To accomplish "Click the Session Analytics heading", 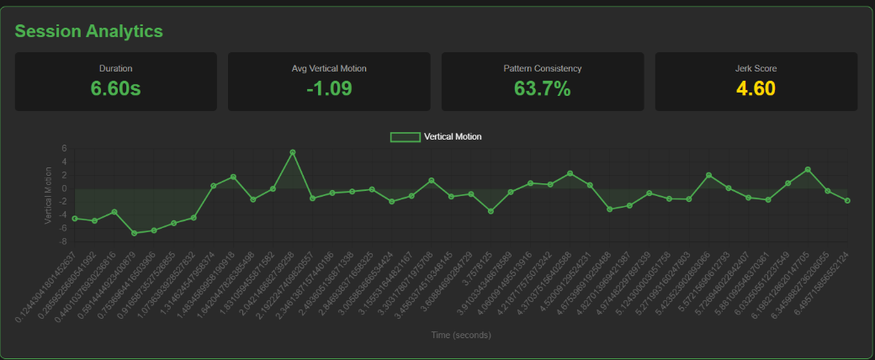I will pos(88,31).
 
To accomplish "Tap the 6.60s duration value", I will pos(115,87).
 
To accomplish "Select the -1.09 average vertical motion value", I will pos(329,87).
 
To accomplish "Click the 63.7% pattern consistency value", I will pos(542,87).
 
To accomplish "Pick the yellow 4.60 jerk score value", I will pos(756,87).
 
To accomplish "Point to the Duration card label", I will pos(115,68).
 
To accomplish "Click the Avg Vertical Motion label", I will pos(329,68).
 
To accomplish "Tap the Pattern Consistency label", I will pos(542,68).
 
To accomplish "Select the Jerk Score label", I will pos(756,68).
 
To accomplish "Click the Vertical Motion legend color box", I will pos(405,136).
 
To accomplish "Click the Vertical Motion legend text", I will pos(453,136).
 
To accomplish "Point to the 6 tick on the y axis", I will pos(63,149).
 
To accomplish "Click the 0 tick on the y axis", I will pos(63,188).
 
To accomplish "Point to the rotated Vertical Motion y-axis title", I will pos(48,194).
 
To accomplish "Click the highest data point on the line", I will pos(293,152).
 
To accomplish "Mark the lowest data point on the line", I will pos(135,233).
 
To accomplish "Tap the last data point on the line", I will pos(848,200).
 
